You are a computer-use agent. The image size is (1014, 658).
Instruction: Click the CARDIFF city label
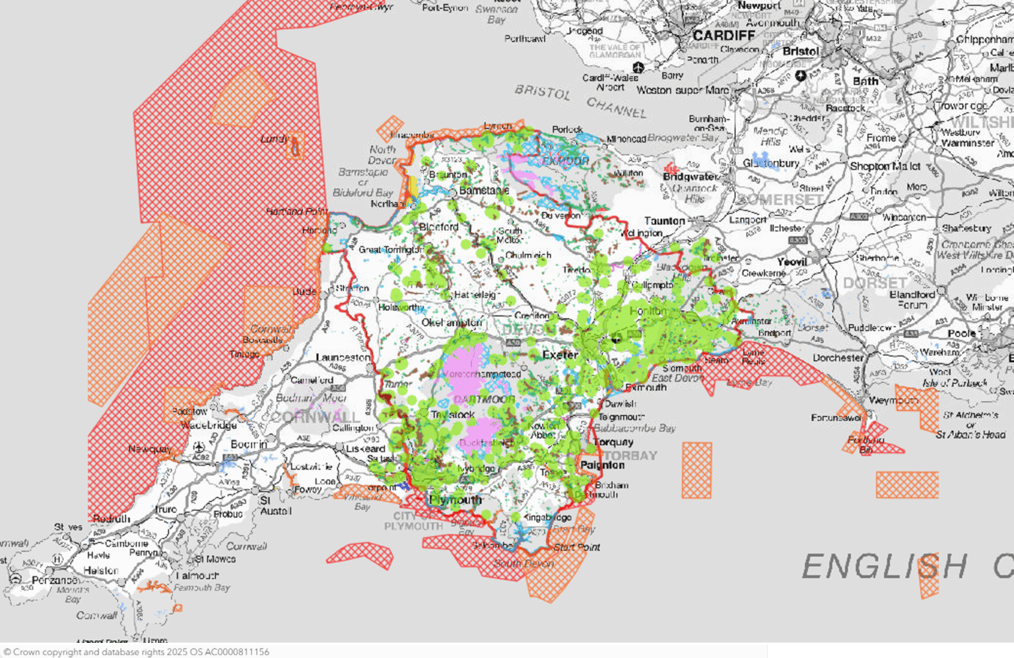pos(724,35)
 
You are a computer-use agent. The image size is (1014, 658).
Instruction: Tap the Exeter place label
pos(560,355)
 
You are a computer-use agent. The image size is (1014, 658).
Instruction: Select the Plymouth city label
pos(456,500)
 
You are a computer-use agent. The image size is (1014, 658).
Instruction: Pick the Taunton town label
pos(664,221)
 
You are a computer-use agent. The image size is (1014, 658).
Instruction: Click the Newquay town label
pos(150,449)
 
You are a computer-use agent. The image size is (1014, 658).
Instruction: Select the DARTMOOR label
pos(484,400)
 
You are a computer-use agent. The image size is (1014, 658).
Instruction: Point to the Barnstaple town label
pos(485,190)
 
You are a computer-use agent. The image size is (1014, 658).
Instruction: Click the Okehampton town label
pos(452,323)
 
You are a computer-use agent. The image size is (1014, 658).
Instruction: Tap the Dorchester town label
pos(838,358)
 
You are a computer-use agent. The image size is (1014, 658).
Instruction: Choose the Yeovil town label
pos(792,262)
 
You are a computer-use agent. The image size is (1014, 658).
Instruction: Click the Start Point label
pos(576,547)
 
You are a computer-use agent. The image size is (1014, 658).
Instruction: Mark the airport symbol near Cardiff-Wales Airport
pos(638,67)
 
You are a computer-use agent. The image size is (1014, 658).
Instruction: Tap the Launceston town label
pos(343,357)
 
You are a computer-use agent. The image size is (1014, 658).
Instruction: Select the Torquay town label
pos(613,442)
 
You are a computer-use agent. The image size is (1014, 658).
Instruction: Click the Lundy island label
pos(273,139)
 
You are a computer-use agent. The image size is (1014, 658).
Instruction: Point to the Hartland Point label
pos(296,211)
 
